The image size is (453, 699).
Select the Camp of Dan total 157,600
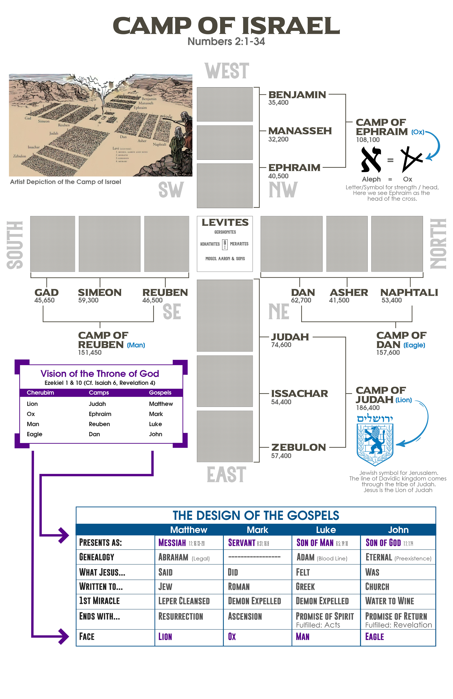point(388,352)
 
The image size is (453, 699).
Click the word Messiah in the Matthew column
point(172,543)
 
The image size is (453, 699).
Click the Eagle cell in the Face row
point(374,637)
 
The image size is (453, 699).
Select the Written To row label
point(101,587)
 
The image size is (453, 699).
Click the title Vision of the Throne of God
point(100,374)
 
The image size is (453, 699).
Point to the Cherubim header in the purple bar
point(40,393)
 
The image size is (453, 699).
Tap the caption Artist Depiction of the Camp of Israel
point(66,182)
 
